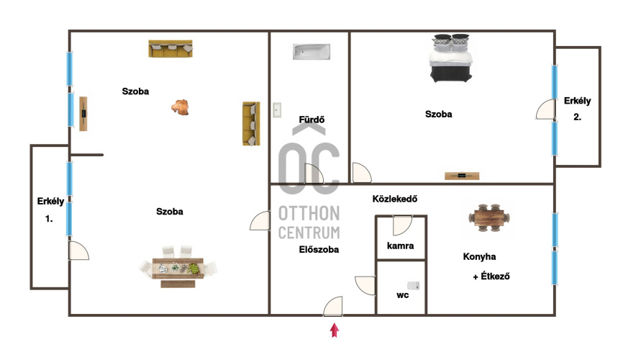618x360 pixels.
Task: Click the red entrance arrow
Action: click(x=335, y=330)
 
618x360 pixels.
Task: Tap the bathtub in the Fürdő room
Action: click(x=312, y=52)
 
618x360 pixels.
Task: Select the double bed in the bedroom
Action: click(x=451, y=58)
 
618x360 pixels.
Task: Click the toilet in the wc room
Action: click(x=413, y=285)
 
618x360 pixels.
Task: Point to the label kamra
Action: click(x=401, y=246)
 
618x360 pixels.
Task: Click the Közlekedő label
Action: click(x=394, y=199)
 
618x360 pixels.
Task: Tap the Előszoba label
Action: click(x=319, y=250)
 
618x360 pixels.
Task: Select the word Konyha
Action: click(x=479, y=257)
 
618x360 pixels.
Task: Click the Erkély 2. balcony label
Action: click(x=578, y=109)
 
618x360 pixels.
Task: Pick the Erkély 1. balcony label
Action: click(x=50, y=210)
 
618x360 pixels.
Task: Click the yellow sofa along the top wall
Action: click(x=171, y=48)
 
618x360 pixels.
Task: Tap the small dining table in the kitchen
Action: click(x=489, y=217)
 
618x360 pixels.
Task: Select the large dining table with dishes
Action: click(x=178, y=267)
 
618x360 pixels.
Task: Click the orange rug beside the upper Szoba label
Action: click(x=180, y=107)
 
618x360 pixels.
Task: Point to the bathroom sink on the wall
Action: click(x=277, y=110)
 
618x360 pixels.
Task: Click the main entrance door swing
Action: click(x=333, y=307)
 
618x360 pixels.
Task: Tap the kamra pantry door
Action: click(x=402, y=225)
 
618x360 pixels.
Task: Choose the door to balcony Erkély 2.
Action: click(x=545, y=109)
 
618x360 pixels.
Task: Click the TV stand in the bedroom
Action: click(x=462, y=176)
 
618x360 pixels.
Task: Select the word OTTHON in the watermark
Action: click(x=309, y=213)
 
